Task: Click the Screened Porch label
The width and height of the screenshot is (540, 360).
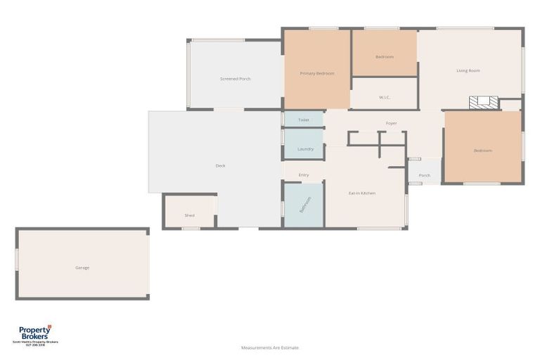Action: point(235,79)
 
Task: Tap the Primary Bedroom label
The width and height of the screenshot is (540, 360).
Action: point(316,73)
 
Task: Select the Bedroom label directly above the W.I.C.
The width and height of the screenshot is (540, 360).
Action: point(384,57)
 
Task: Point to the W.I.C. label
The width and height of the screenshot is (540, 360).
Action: point(384,97)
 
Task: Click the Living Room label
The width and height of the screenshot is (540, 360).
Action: point(468,70)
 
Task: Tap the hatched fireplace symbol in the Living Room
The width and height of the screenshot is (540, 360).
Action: point(484,103)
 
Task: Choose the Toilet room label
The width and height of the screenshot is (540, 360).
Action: point(303,120)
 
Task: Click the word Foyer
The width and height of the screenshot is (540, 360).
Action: point(391,124)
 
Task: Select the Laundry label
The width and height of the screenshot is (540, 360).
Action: point(305,149)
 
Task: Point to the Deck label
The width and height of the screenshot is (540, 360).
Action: point(220,166)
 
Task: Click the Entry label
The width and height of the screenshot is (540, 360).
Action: point(303,175)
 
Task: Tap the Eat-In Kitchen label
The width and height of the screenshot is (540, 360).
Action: point(361,193)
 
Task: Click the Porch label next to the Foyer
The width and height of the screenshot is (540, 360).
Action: point(424,176)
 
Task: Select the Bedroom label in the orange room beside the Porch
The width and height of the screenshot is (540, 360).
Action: point(482,150)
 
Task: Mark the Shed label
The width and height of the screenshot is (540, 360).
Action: point(189,216)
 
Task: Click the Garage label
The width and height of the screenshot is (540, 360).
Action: point(82,268)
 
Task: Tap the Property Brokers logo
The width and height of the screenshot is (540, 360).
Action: point(34,334)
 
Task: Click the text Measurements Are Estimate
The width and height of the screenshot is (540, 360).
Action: point(269,347)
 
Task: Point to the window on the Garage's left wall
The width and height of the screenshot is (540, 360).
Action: point(17,259)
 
